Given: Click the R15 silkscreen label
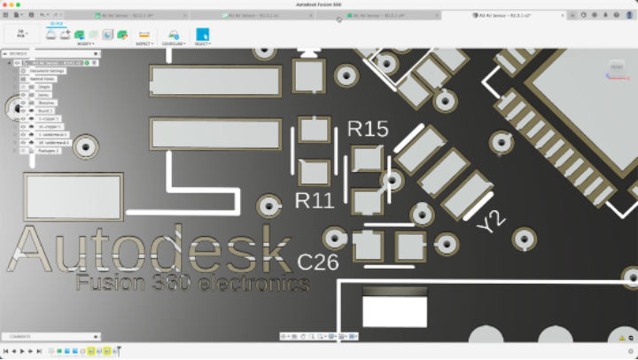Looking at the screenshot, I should click(368, 129).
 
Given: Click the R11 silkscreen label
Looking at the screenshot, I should click(315, 200).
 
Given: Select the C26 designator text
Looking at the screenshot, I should click(318, 262).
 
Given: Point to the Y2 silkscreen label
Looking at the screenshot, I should click(489, 222).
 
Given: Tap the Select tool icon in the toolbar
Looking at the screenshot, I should click(202, 34).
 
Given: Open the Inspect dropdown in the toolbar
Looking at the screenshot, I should click(144, 43).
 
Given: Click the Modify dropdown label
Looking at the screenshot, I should click(85, 43).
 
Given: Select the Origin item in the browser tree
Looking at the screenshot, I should click(43, 87).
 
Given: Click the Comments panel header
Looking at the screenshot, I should click(21, 337).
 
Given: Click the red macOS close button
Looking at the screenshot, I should click(6, 5).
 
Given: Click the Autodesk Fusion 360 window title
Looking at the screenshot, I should click(319, 5).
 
